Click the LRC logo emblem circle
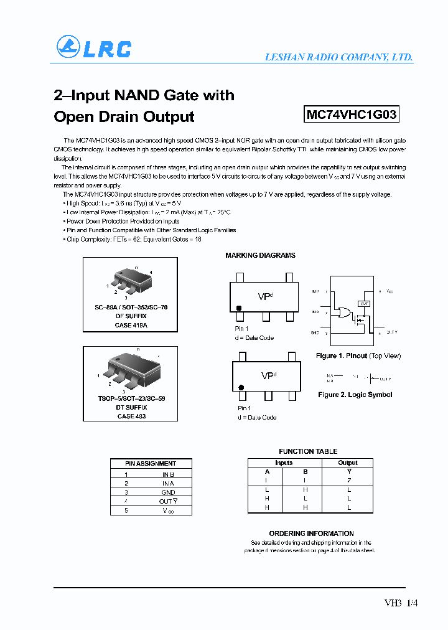click(68, 47)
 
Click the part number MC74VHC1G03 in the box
click(352, 115)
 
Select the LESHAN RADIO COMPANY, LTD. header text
click(338, 57)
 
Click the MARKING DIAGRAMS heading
click(260, 255)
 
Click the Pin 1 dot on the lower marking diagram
click(240, 387)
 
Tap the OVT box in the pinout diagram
click(364, 303)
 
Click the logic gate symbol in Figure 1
click(342, 313)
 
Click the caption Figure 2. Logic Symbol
click(355, 395)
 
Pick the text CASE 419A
click(131, 325)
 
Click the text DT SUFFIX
click(131, 407)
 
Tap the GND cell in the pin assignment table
click(168, 492)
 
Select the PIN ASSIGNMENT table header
click(151, 463)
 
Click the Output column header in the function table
click(348, 463)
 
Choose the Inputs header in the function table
click(284, 463)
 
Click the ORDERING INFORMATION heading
click(311, 534)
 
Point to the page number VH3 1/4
click(401, 603)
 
